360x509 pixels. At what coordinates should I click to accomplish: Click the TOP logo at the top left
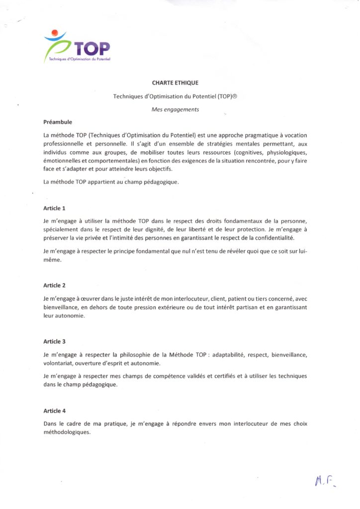(77, 47)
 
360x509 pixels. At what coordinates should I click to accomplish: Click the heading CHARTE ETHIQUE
(175, 83)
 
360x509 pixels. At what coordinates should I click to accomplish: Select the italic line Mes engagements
(175, 110)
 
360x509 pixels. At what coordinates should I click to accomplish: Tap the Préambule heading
(58, 121)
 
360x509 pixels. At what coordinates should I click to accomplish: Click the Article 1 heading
(55, 208)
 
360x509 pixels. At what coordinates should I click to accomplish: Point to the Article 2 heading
(55, 285)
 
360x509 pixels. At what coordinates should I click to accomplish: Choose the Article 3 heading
(55, 341)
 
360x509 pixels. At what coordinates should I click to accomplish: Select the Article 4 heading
(55, 411)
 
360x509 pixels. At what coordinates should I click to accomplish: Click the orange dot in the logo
(55, 33)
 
